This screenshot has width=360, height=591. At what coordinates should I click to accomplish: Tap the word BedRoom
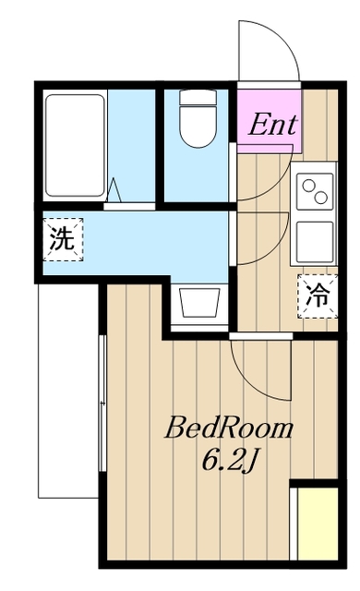[x=229, y=428]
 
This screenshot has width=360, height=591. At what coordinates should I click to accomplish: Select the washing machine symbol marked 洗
[x=61, y=240]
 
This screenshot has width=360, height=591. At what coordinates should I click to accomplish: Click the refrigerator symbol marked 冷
[x=317, y=295]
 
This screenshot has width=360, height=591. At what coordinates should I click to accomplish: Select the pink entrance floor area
[x=270, y=115]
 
